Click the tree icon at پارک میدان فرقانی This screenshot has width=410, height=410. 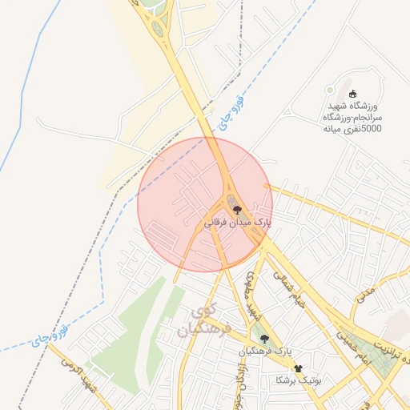[x=236, y=208]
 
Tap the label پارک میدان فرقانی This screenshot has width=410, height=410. [x=235, y=221]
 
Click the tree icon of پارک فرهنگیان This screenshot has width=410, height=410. [x=264, y=339]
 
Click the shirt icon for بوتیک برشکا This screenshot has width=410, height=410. [x=299, y=368]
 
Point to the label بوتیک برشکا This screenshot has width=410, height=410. [x=297, y=380]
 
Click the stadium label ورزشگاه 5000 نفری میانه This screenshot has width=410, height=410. [x=353, y=117]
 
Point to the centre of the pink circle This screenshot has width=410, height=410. [x=205, y=204]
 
